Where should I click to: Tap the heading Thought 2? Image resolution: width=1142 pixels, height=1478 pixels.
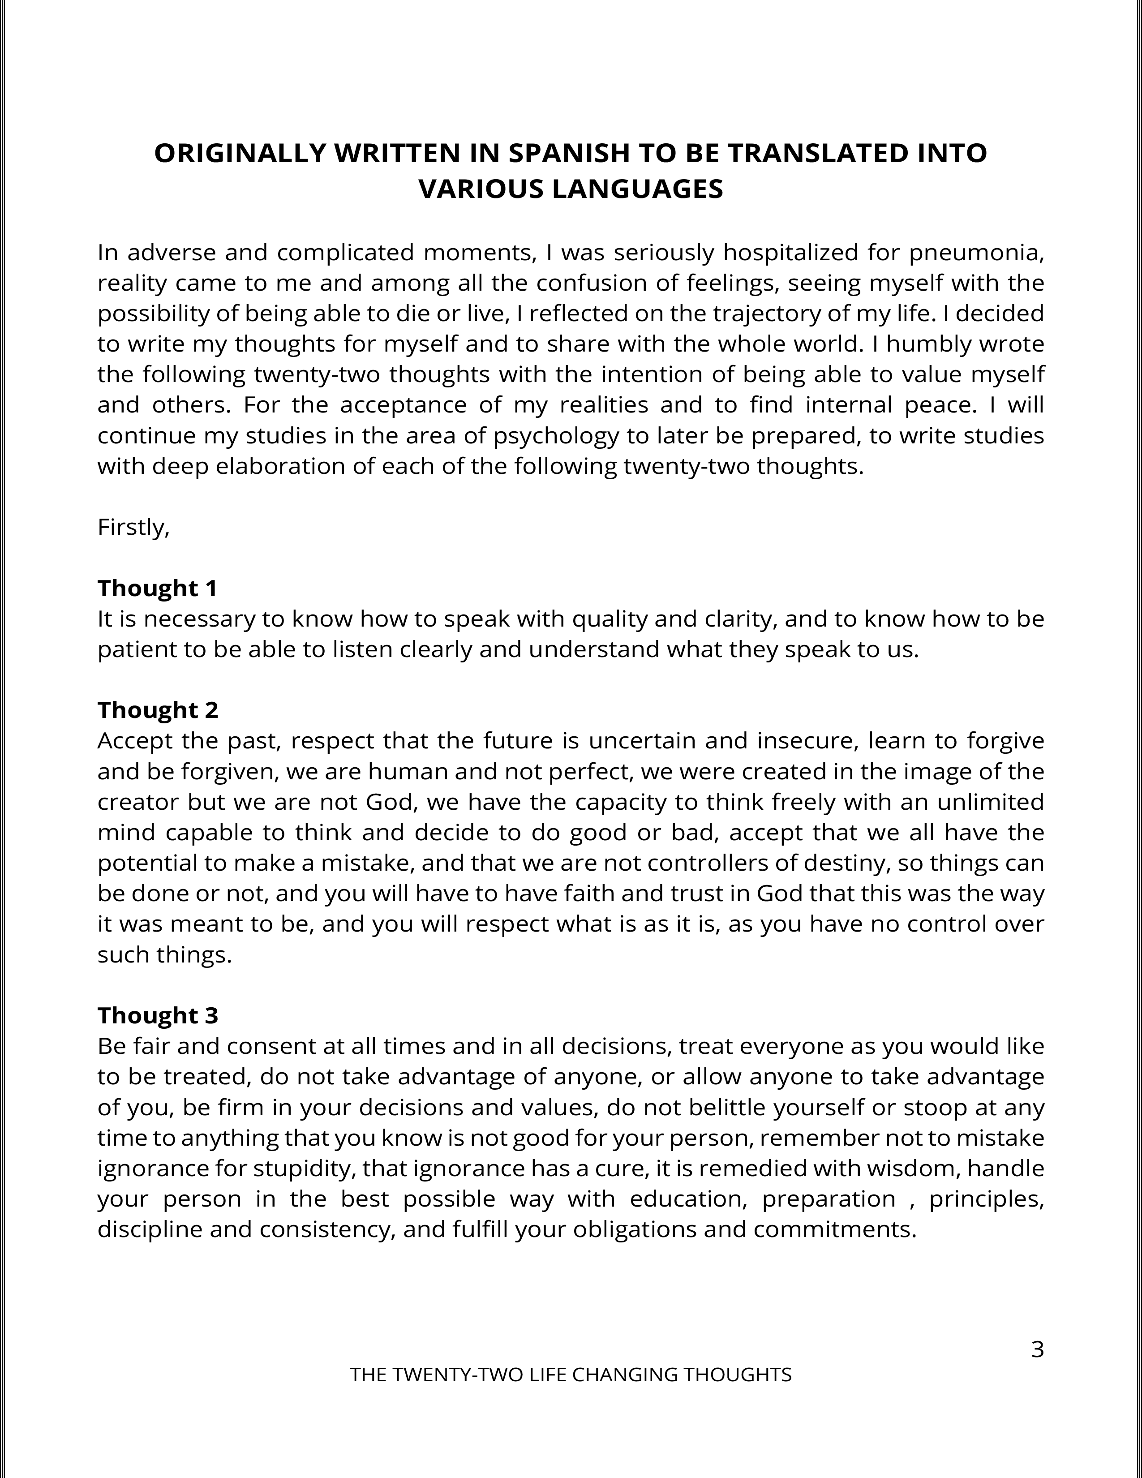click(158, 710)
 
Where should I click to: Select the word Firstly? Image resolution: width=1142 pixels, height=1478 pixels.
click(133, 527)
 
